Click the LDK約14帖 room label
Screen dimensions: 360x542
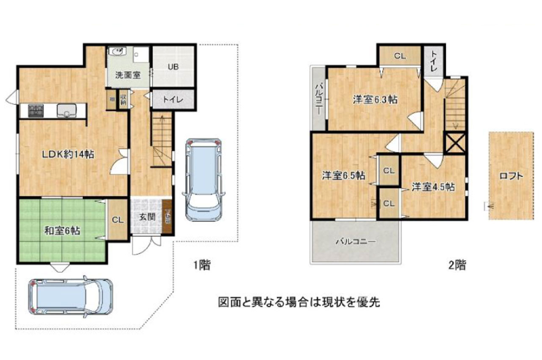[68, 155]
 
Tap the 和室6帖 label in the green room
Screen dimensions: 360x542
[63, 231]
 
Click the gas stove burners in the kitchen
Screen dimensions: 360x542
[36, 111]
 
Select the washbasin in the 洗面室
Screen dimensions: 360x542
[116, 51]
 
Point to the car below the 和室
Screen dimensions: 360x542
[71, 297]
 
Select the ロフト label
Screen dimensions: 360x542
[511, 176]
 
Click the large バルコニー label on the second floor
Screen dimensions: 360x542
[356, 242]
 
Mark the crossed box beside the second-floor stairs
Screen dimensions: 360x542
[455, 143]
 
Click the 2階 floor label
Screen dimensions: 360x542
[457, 266]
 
